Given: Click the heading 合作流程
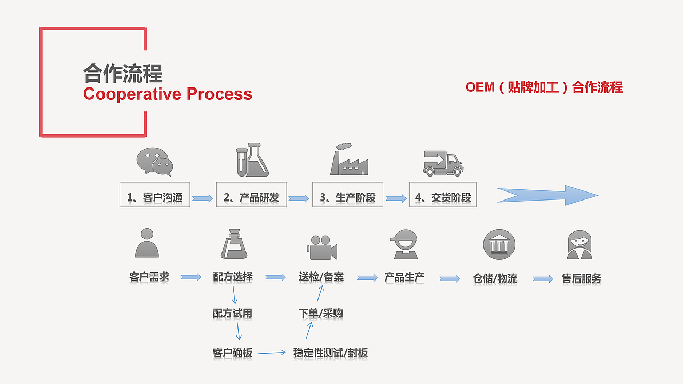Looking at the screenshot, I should click(123, 73).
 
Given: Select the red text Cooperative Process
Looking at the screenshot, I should click(168, 94).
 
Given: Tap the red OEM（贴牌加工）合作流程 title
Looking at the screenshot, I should click(544, 87).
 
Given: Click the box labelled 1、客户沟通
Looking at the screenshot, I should click(155, 197).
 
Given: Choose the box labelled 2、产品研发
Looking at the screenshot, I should click(251, 197).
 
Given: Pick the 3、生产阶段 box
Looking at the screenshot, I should click(347, 197).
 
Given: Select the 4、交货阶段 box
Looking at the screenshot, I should click(443, 197).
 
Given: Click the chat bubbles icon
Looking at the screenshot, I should click(155, 162).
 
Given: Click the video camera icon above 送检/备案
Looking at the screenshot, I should click(322, 247).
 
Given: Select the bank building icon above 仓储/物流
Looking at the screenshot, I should click(499, 245).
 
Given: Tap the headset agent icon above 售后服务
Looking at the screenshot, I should click(579, 245).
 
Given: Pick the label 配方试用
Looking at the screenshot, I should click(232, 314).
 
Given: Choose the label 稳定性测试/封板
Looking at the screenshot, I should click(330, 353).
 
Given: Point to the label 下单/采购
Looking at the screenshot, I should click(320, 314).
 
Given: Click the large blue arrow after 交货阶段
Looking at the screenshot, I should click(547, 195).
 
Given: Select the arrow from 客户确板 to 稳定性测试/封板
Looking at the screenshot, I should click(272, 353).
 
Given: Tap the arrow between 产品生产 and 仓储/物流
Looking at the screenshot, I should click(449, 278).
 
